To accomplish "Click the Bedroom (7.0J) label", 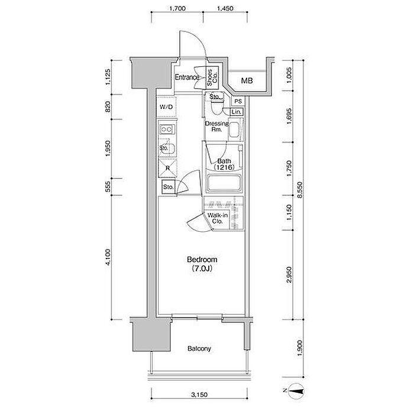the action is pyautogui.click(x=202, y=264).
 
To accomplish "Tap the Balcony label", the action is pyautogui.click(x=199, y=348).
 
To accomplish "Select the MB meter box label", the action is pyautogui.click(x=247, y=80).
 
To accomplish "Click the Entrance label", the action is pyautogui.click(x=187, y=77).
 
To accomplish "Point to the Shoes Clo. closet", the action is pyautogui.click(x=212, y=77).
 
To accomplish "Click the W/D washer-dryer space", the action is pyautogui.click(x=166, y=106).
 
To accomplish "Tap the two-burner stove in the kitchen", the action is pyautogui.click(x=167, y=130).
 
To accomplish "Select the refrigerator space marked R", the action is pyautogui.click(x=167, y=168).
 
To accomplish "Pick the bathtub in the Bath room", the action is pyautogui.click(x=224, y=183).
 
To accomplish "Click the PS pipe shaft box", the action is pyautogui.click(x=238, y=101).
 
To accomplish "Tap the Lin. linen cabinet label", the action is pyautogui.click(x=237, y=112).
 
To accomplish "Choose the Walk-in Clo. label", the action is pyautogui.click(x=217, y=218).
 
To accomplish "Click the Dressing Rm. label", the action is pyautogui.click(x=217, y=127).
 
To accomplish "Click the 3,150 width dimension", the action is pyautogui.click(x=199, y=395).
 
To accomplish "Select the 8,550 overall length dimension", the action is pyautogui.click(x=300, y=190).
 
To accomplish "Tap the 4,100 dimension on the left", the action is pyautogui.click(x=108, y=257).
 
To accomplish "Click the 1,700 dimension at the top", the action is pyautogui.click(x=177, y=8).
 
